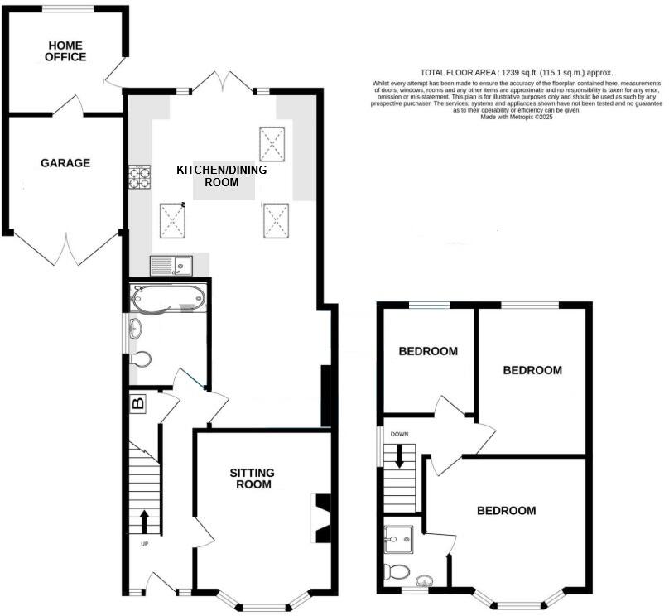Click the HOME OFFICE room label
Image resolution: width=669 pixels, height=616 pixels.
click(x=66, y=51)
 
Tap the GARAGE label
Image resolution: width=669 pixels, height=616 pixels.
click(x=65, y=163)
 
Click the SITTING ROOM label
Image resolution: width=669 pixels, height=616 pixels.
click(x=252, y=479)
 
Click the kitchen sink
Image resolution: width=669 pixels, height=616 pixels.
click(x=171, y=266)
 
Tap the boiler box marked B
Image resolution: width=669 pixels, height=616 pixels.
click(x=138, y=404)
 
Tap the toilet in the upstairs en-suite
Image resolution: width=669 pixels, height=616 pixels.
click(x=397, y=572)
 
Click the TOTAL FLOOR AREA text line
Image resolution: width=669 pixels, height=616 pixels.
click(x=517, y=73)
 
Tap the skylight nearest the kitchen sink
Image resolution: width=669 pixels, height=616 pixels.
click(x=172, y=220)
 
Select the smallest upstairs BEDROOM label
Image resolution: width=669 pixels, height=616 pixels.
click(x=428, y=351)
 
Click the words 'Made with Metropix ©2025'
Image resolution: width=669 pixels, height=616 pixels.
click(x=517, y=117)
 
